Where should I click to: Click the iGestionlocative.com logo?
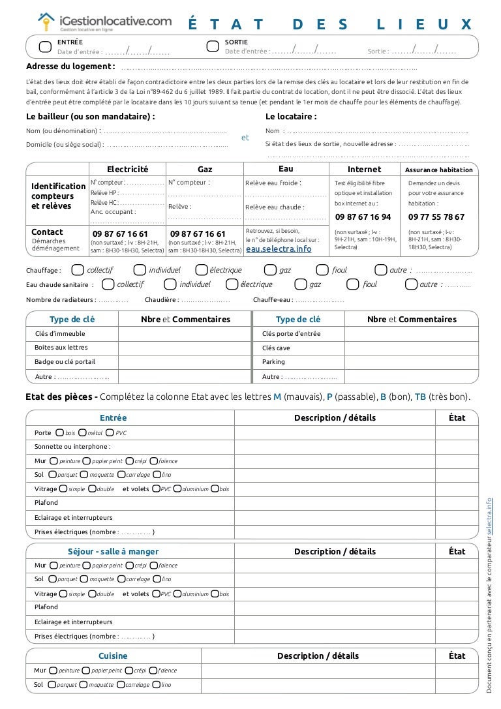(x=104, y=22)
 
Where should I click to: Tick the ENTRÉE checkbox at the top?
(x=45, y=46)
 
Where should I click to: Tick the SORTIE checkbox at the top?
(x=212, y=46)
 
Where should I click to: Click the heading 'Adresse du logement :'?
(x=70, y=66)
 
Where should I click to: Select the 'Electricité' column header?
(x=128, y=169)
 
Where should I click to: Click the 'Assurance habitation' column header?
(x=438, y=170)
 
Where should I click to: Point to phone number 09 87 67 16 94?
(x=363, y=217)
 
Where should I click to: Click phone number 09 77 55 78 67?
(x=436, y=217)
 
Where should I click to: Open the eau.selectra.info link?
(x=279, y=249)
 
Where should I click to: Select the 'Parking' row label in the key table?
(x=273, y=362)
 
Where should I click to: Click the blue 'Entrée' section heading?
(x=113, y=417)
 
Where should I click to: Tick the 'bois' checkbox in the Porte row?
(x=60, y=432)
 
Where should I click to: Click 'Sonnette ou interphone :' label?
(x=72, y=447)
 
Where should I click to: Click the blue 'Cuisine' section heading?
(x=113, y=656)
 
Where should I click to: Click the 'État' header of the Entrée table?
(x=457, y=417)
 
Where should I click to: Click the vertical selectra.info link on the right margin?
(x=491, y=516)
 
